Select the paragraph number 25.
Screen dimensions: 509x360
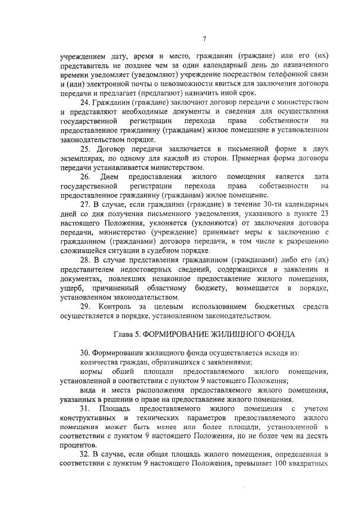click(x=86, y=148)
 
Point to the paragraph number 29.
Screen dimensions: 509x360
click(x=86, y=306)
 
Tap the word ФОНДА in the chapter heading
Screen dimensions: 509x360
click(x=277, y=334)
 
